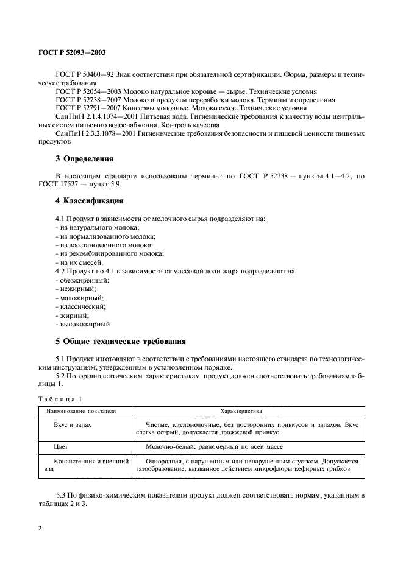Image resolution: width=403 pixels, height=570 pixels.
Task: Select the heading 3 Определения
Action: click(84, 159)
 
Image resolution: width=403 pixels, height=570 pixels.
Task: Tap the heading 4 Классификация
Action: click(90, 200)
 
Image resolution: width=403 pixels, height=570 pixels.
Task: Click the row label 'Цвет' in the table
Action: click(61, 446)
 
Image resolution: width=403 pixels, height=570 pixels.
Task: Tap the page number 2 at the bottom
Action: click(40, 528)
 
